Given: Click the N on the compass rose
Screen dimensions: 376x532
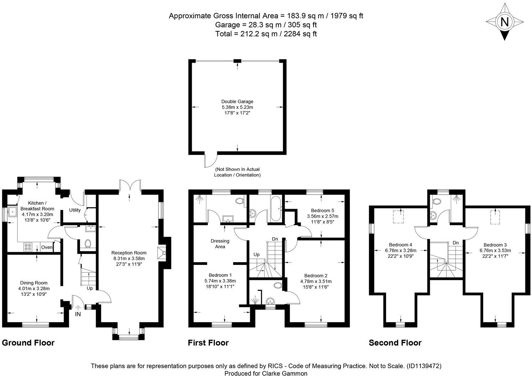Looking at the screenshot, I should [504, 22].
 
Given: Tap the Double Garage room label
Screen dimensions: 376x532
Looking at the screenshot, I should [237, 101].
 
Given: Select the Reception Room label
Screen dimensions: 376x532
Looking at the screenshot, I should [130, 253].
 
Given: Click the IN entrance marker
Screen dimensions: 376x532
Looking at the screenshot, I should [78, 314].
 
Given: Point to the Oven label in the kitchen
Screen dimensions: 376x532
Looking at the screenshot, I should [47, 247].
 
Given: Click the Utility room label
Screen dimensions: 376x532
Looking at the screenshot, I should [75, 210].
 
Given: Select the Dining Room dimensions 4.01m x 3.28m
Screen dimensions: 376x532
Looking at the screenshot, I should [34, 288].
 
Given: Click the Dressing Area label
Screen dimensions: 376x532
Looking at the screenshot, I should [220, 244].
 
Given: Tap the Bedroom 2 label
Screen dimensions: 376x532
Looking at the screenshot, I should [316, 276].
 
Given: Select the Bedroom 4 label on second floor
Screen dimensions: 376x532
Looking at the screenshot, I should [400, 245].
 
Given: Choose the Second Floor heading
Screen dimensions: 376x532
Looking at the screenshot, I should [395, 343].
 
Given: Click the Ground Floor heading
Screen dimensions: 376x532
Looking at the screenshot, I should [28, 343].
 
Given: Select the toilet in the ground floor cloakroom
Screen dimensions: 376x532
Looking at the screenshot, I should [87, 244].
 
